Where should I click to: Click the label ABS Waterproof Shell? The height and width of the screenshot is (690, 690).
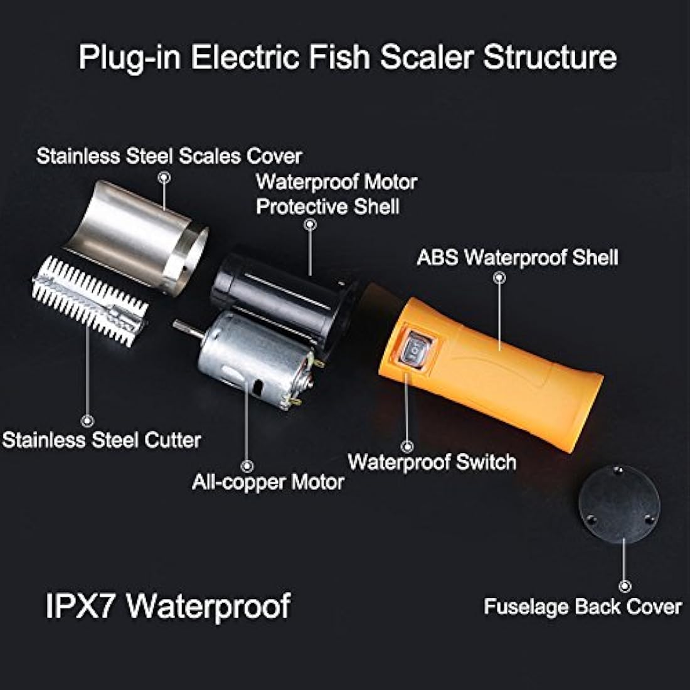(x=517, y=257)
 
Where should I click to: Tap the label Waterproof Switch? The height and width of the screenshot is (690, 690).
(x=432, y=462)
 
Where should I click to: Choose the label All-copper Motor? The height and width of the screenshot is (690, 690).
(x=268, y=482)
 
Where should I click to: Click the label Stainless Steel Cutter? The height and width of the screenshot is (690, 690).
(x=102, y=440)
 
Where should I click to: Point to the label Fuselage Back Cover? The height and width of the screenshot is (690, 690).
(x=582, y=607)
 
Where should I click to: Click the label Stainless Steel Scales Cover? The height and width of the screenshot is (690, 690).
(x=169, y=156)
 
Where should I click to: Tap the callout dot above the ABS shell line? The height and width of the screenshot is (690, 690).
(x=499, y=277)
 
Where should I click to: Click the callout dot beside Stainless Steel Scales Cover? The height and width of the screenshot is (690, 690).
(x=164, y=178)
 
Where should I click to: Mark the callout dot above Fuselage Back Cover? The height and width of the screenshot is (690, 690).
(x=625, y=586)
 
